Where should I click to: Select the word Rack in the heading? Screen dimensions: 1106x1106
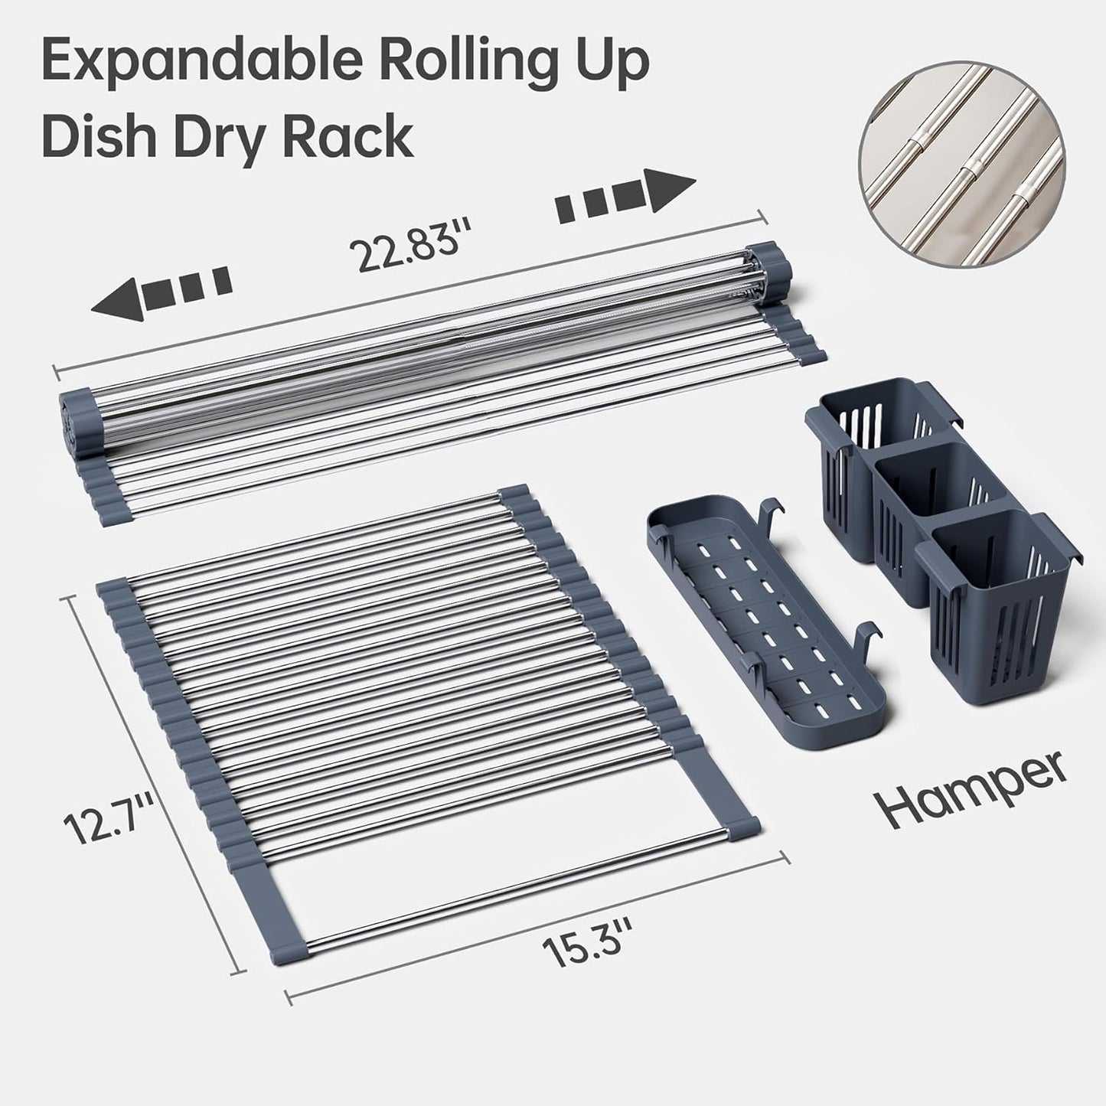point(351,137)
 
